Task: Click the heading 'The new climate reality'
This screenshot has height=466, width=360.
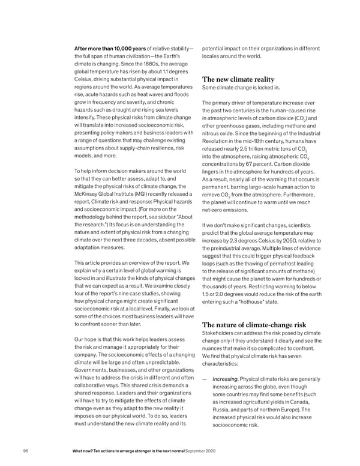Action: coord(238,79)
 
